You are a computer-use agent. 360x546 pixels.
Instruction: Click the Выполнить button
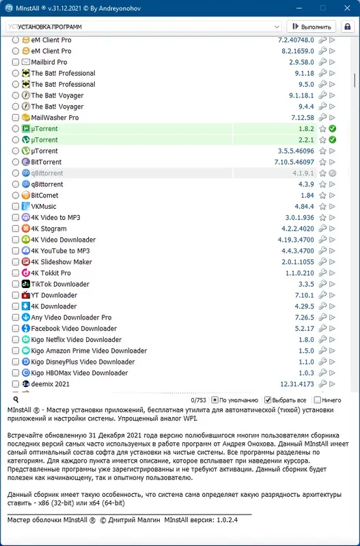click(x=312, y=27)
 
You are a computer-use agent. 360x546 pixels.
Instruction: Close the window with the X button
click(x=344, y=8)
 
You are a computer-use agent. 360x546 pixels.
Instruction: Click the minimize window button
click(x=282, y=8)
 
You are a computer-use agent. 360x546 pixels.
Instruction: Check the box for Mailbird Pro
click(x=16, y=62)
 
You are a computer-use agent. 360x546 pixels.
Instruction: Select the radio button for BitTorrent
click(x=16, y=162)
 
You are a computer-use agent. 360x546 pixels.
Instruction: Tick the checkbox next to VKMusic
click(x=16, y=206)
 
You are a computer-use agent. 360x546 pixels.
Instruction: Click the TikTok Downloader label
click(x=60, y=284)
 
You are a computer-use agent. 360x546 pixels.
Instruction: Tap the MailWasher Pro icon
click(x=26, y=117)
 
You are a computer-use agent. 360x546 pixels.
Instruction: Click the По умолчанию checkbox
click(x=214, y=400)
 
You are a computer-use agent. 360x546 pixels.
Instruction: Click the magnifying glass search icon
click(x=16, y=399)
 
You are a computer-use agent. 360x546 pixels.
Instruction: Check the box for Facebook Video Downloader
click(x=16, y=328)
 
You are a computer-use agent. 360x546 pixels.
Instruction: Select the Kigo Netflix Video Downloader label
click(x=77, y=339)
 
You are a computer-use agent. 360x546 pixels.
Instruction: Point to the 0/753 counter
click(x=199, y=400)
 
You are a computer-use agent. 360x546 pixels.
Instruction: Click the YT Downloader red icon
click(x=26, y=295)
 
